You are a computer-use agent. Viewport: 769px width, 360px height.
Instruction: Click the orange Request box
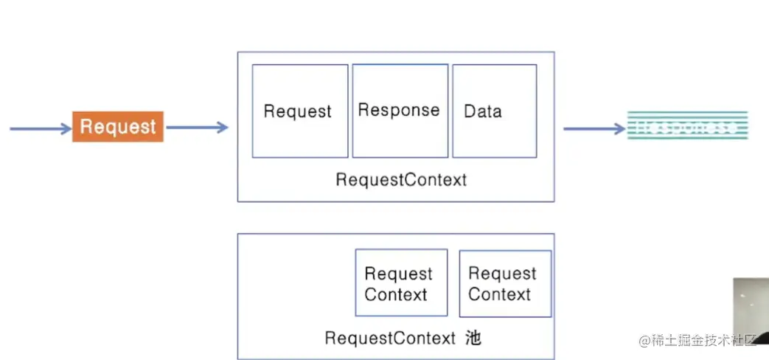[x=117, y=126]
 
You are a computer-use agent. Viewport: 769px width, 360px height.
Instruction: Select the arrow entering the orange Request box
[x=40, y=129]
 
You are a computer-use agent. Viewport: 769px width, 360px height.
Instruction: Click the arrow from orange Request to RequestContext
[x=197, y=128]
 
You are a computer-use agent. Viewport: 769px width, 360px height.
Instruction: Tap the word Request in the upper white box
[x=298, y=111]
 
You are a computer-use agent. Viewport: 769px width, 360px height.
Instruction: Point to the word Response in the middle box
[x=399, y=110]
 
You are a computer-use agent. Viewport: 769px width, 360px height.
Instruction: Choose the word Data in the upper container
[x=483, y=111]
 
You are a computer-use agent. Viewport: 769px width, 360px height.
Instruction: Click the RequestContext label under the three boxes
[x=401, y=179]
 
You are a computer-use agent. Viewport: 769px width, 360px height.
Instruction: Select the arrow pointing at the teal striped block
[x=594, y=129]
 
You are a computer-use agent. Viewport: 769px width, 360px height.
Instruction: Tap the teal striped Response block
[x=687, y=125]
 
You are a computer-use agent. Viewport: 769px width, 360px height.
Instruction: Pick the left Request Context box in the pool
[x=401, y=283]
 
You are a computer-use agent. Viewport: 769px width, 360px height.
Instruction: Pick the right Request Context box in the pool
[x=505, y=283]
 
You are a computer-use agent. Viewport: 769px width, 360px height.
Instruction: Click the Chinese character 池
[x=473, y=338]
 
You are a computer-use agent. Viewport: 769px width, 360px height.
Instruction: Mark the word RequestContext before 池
[x=390, y=338]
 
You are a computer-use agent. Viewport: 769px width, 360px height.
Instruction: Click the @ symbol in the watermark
[x=644, y=340]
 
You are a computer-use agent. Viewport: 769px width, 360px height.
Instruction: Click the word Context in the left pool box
[x=396, y=295]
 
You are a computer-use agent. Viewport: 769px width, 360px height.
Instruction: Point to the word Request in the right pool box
[x=502, y=274]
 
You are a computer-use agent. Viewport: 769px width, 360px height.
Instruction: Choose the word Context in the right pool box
[x=499, y=294]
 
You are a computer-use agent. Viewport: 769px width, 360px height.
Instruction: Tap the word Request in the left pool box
[x=398, y=274]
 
